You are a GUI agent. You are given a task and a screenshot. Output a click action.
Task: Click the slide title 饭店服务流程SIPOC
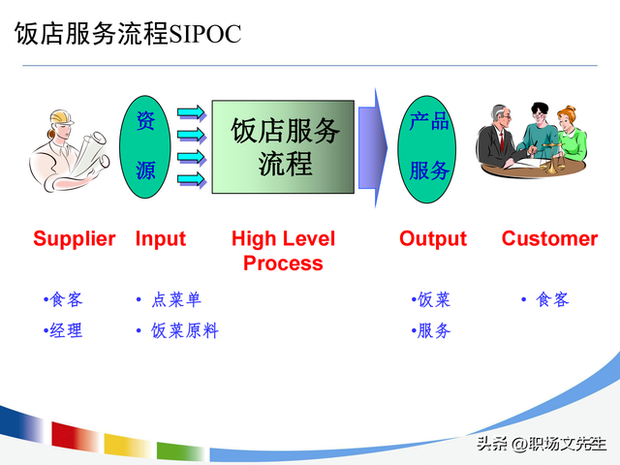point(127,34)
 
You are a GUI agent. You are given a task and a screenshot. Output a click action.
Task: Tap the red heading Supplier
point(75,238)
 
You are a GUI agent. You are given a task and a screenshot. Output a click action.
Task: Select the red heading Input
point(161,238)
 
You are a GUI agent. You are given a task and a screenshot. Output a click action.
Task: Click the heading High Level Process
point(283,250)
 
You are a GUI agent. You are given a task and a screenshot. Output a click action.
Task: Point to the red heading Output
point(433,238)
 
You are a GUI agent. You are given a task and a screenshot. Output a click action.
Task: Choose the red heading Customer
point(549,238)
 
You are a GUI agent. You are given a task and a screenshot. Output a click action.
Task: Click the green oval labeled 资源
point(145,145)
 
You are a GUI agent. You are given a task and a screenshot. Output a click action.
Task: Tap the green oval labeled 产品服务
point(428,145)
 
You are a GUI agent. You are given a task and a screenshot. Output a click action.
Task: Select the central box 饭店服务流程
point(284,145)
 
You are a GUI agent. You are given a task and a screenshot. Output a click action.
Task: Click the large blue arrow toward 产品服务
point(373,145)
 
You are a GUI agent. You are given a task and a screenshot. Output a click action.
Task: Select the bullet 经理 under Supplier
point(65,331)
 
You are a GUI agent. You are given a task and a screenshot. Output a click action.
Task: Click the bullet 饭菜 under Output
point(432,299)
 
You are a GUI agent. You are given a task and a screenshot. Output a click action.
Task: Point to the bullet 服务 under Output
point(432,331)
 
